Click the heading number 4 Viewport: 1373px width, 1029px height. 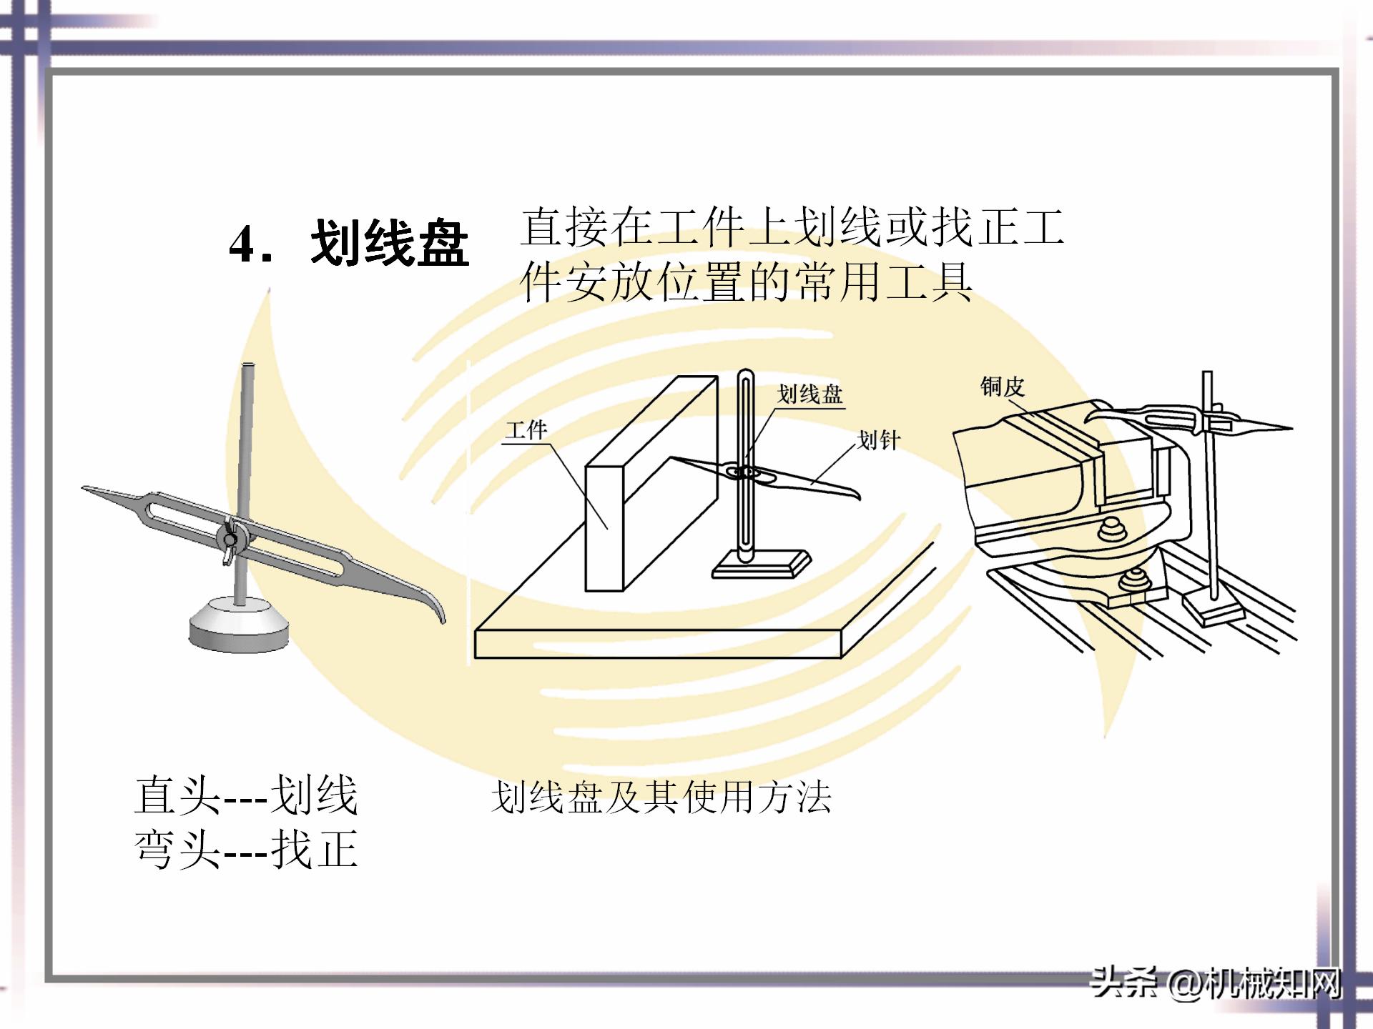tap(244, 244)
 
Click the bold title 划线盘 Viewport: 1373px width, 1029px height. tap(390, 243)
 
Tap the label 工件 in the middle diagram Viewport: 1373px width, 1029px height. tap(526, 429)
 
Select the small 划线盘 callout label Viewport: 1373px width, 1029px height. tap(809, 394)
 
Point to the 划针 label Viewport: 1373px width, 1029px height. tap(878, 439)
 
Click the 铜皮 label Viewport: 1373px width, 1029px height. tap(1002, 387)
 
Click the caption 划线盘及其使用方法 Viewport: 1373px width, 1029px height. tap(661, 797)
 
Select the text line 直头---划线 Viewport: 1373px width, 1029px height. tap(245, 795)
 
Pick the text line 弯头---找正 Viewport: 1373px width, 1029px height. tap(245, 850)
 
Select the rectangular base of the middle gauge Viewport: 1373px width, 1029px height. tap(761, 565)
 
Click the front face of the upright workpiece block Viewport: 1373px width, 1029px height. tap(604, 529)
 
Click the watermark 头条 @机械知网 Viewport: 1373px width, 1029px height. tap(1214, 985)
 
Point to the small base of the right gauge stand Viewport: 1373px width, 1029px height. tap(1213, 609)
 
